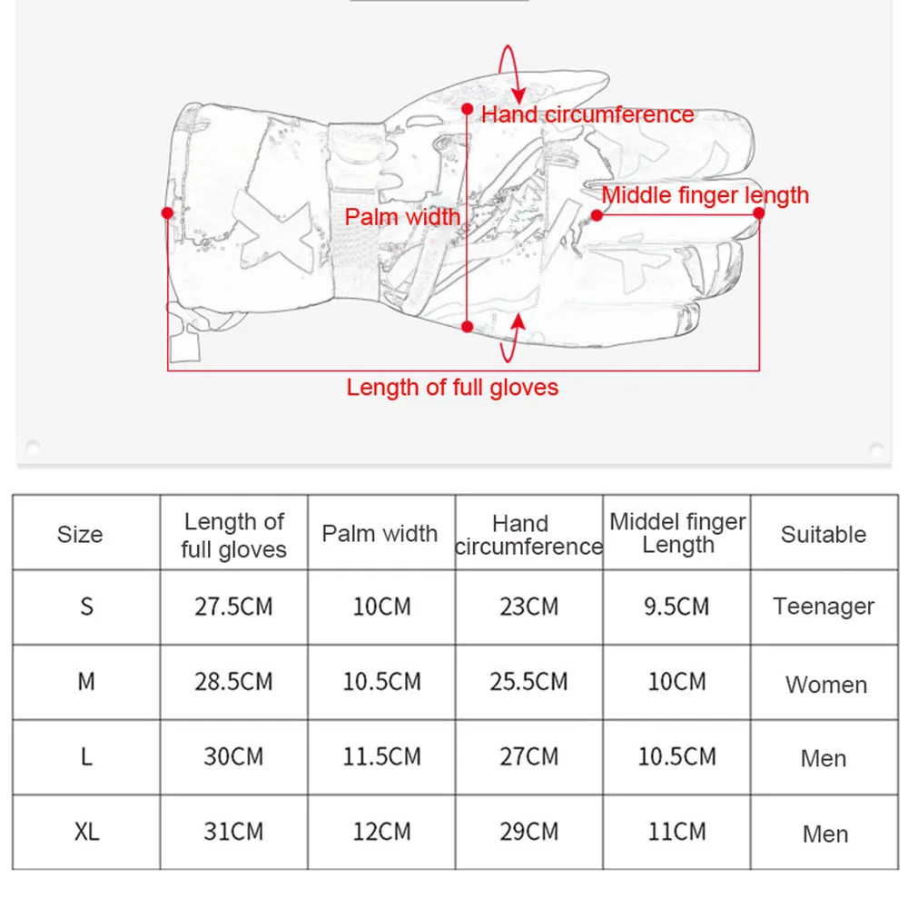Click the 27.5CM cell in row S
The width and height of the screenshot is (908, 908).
click(233, 607)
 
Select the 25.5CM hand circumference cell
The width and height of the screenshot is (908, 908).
click(528, 681)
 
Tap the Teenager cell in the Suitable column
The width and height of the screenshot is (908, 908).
click(824, 607)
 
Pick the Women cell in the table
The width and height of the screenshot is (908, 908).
click(825, 684)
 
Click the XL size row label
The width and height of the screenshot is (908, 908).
click(86, 832)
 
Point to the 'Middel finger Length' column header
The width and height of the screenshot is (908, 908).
click(677, 533)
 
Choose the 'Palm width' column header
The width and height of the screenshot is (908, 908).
click(380, 534)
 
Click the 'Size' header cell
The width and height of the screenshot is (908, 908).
click(80, 535)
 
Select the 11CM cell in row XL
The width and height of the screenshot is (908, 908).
click(676, 832)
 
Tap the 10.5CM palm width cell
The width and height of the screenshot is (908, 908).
click(381, 681)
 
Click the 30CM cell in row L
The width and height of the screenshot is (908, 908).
click(233, 756)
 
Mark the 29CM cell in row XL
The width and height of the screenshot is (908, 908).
click(528, 832)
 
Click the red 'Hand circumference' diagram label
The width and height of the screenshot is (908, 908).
click(587, 114)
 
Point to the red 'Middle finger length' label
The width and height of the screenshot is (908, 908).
click(705, 194)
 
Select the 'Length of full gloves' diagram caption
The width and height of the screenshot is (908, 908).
click(452, 388)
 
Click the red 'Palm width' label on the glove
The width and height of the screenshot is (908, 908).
click(402, 217)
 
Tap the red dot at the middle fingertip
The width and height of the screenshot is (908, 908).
click(759, 213)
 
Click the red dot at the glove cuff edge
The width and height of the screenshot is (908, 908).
click(167, 212)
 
